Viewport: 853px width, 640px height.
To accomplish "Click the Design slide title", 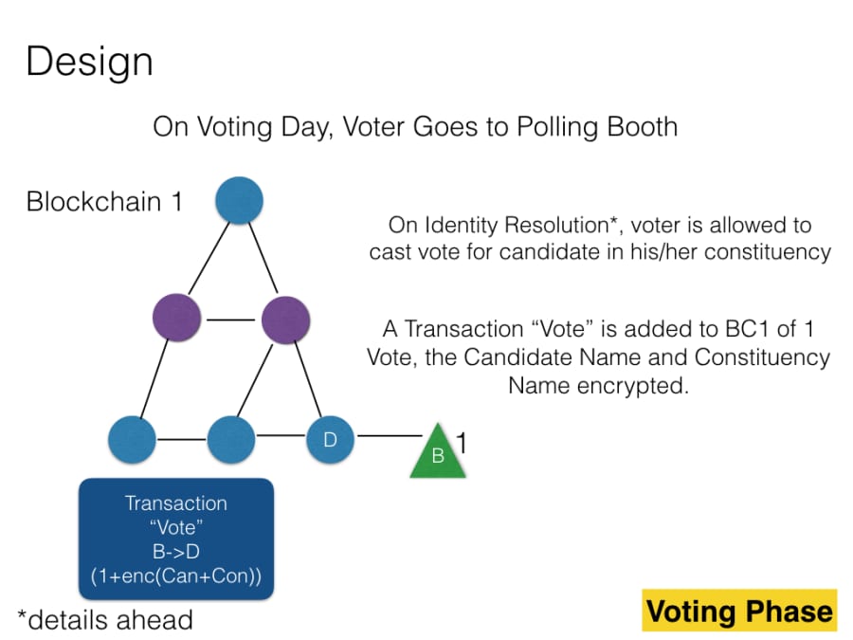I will pyautogui.click(x=89, y=63).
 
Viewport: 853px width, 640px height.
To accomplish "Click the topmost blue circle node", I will pyautogui.click(x=239, y=201).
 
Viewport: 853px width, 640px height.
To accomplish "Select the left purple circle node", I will pyautogui.click(x=177, y=319).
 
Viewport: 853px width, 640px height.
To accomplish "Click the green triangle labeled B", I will pyautogui.click(x=438, y=452).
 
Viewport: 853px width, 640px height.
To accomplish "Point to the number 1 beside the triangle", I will pyautogui.click(x=463, y=443).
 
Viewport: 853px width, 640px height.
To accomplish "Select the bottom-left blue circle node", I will pyautogui.click(x=133, y=439).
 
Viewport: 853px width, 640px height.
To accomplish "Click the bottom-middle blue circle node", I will pyautogui.click(x=231, y=439).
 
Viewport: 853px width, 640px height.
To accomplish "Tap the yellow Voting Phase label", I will pyautogui.click(x=739, y=611).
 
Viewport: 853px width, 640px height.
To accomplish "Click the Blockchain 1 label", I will pyautogui.click(x=104, y=202).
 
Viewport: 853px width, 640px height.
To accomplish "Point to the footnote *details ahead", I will pyautogui.click(x=105, y=620).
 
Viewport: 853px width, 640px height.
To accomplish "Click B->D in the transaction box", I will pyautogui.click(x=175, y=552).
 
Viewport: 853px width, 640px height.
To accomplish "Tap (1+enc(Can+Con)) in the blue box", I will pyautogui.click(x=175, y=576).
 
